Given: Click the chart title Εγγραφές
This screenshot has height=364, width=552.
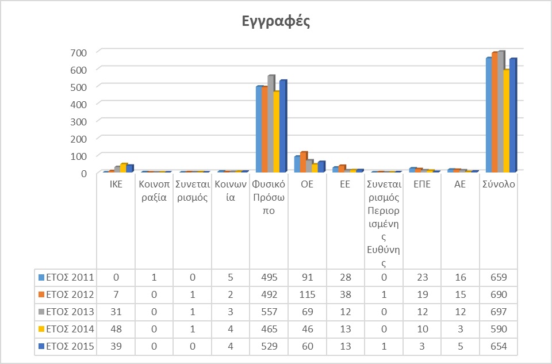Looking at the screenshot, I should tap(275, 22).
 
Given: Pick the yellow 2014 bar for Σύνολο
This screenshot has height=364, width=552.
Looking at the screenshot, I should tap(506, 121).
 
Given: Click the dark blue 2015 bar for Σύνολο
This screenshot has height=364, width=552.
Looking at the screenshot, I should tap(513, 115).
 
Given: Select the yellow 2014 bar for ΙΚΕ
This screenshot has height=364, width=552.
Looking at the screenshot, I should tap(123, 168).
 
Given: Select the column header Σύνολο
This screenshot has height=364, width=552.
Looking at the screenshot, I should tap(499, 185).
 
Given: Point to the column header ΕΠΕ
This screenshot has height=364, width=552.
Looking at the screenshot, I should tap(422, 185).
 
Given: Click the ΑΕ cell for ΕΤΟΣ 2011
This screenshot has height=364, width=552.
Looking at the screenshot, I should tap(461, 278).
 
